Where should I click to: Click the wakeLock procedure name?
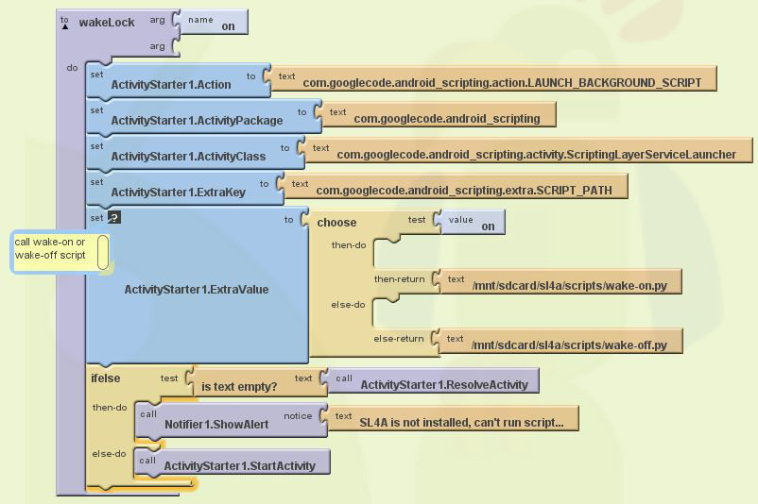coord(107,23)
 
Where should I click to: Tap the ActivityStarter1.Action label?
coord(171,85)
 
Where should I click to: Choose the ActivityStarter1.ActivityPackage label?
coord(197,120)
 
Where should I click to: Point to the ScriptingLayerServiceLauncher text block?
coord(525,150)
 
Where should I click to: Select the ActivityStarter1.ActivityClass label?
coord(188,156)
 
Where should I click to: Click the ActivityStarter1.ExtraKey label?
coord(179,193)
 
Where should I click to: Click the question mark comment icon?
coord(114,217)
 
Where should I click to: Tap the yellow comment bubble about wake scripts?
coord(60,252)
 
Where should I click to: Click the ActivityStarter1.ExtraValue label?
coord(197,289)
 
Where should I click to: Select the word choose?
coord(336,223)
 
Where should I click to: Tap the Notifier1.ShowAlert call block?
coord(232,422)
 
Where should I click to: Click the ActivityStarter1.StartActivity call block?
coord(233,462)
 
